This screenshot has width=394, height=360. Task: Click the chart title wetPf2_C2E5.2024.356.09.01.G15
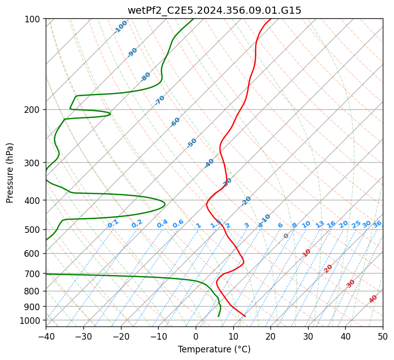tap(214, 10)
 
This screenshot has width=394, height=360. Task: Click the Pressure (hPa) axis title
tap(10, 173)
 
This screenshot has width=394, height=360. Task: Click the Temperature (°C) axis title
tap(214, 350)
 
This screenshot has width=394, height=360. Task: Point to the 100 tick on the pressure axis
tap(34, 19)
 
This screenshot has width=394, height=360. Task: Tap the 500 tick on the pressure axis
tap(34, 229)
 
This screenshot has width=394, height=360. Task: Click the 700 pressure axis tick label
tap(34, 274)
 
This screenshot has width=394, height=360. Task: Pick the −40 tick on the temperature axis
tap(46, 336)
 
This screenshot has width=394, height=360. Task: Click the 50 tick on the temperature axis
tap(383, 336)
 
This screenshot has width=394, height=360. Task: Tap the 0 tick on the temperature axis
tap(196, 336)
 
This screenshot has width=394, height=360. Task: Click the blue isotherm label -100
tap(120, 27)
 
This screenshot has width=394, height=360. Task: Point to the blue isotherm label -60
tap(175, 122)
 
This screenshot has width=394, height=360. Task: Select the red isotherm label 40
tap(373, 299)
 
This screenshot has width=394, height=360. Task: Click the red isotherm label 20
tap(328, 268)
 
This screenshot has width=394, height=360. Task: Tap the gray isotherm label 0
tap(286, 236)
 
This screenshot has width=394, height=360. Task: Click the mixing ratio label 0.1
tap(113, 223)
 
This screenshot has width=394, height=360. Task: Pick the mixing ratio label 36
tap(377, 224)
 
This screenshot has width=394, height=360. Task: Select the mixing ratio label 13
tap(320, 224)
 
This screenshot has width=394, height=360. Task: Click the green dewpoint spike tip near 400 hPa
tap(165, 204)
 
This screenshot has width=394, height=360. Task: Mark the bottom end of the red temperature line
tap(245, 316)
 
